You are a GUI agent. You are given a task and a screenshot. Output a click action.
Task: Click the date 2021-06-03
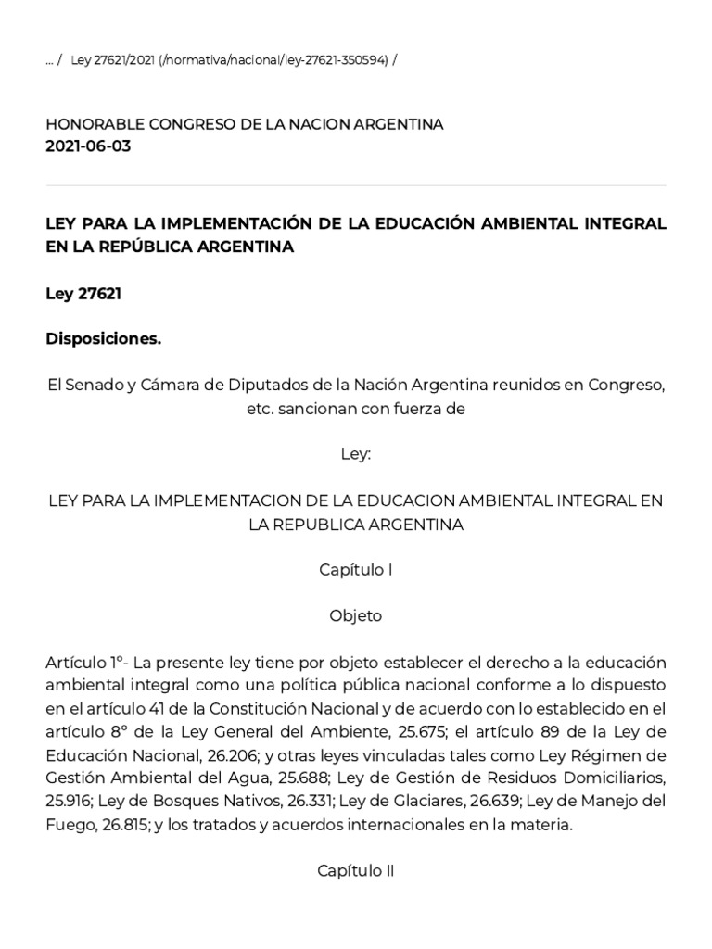(x=88, y=146)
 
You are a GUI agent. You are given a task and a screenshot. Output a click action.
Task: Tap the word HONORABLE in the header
(x=89, y=124)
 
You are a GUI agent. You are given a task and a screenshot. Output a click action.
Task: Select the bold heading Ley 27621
(x=83, y=294)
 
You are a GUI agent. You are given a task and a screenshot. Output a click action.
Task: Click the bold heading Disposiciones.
(x=103, y=339)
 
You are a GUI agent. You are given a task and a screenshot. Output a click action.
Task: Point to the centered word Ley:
(x=356, y=455)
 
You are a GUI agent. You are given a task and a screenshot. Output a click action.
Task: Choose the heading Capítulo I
(x=356, y=570)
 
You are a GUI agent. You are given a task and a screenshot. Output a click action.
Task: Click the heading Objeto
(x=356, y=615)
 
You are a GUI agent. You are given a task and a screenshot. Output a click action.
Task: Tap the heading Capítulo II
(x=356, y=870)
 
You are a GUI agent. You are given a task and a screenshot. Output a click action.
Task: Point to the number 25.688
(x=287, y=777)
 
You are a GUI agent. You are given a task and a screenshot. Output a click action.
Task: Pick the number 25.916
(x=68, y=800)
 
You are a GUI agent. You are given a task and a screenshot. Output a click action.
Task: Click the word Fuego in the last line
(x=67, y=822)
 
